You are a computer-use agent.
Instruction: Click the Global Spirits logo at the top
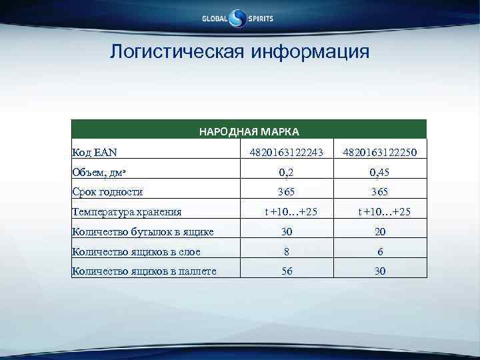tap(238, 19)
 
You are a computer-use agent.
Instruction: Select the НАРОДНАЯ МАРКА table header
tap(249, 131)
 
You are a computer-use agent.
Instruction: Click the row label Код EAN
tap(95, 153)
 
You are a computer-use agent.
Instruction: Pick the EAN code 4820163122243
tap(285, 153)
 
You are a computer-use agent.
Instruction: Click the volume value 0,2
tap(285, 172)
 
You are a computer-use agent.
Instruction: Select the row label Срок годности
tap(107, 192)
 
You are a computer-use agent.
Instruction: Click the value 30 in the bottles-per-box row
tap(285, 232)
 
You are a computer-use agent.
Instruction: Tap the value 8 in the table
tap(285, 251)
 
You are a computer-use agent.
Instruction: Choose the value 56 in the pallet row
tap(285, 271)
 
